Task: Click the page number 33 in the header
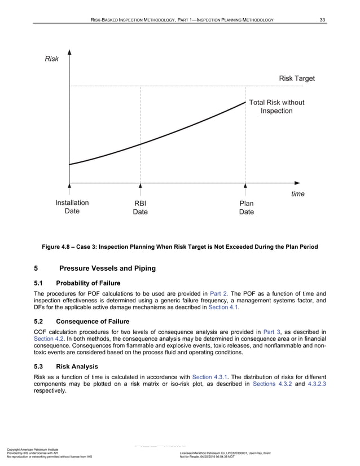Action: (322, 21)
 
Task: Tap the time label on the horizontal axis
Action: (297, 194)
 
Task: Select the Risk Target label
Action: (297, 78)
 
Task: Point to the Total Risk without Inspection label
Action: (276, 107)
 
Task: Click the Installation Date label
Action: (72, 206)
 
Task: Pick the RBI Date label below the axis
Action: (141, 208)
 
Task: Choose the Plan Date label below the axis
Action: (246, 208)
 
